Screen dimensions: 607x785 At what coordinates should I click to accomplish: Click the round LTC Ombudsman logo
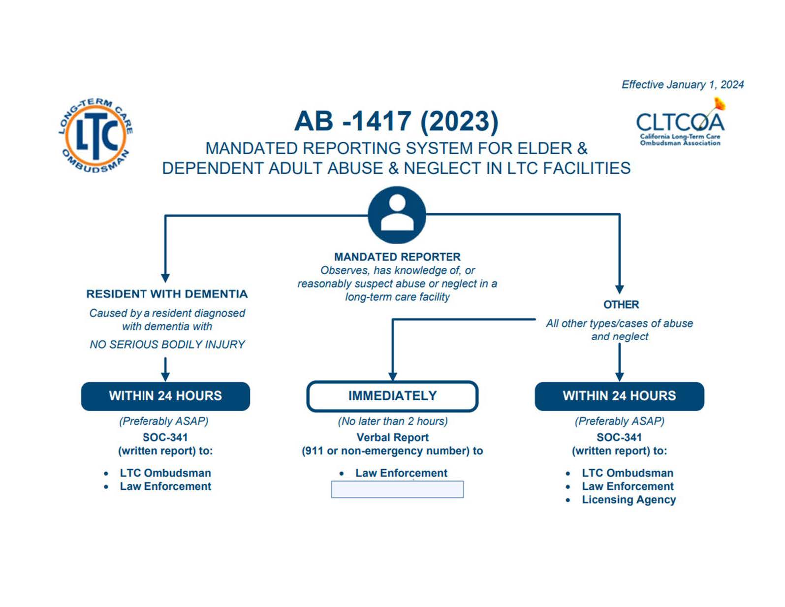point(95,134)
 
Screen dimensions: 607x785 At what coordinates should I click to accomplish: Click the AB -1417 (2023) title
point(396,121)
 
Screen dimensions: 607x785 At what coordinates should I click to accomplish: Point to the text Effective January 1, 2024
point(682,85)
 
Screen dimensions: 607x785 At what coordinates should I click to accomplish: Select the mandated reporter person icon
point(397,215)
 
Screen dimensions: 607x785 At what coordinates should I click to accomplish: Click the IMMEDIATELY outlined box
point(392,396)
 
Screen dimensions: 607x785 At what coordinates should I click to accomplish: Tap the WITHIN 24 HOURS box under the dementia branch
point(165,396)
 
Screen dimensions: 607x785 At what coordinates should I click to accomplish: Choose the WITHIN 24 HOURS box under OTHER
point(619,396)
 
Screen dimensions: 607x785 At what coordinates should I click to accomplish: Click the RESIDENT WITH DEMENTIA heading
point(167,294)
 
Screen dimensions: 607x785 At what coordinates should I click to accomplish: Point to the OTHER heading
point(621,305)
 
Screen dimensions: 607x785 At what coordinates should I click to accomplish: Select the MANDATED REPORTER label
point(397,257)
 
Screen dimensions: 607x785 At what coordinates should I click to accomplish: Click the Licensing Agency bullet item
point(628,500)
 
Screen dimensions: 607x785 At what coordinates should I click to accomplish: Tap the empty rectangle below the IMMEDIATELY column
point(397,489)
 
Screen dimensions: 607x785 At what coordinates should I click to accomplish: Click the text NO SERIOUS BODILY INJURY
point(167,345)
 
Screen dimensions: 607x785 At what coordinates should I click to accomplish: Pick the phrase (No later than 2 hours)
point(393,421)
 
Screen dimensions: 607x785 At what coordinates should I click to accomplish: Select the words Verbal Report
point(392,437)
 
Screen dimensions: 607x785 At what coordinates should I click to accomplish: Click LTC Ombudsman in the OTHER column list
point(627,473)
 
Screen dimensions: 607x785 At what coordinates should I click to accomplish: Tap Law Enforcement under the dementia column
point(165,486)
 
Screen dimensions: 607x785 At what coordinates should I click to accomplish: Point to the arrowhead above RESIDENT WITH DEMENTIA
point(165,278)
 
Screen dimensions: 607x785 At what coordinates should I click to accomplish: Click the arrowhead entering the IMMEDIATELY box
point(392,377)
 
